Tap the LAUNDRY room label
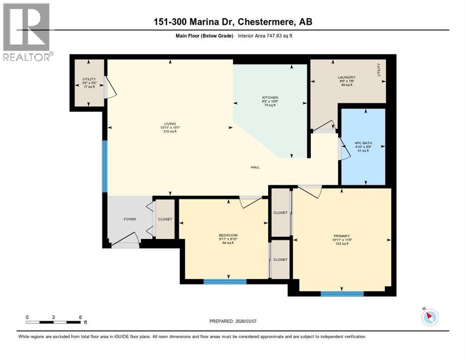click(346, 77)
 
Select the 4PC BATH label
click(362, 143)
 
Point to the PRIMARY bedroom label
click(342, 236)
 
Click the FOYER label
click(129, 219)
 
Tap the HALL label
click(255, 167)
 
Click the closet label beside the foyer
click(165, 219)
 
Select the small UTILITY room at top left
click(89, 82)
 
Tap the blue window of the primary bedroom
click(342, 294)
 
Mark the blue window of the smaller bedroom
click(225, 282)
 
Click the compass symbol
click(429, 317)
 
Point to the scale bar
click(54, 322)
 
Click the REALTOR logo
click(27, 32)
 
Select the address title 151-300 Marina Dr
click(233, 22)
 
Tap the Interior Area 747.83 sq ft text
click(268, 36)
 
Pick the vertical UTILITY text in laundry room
click(379, 70)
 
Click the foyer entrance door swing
click(125, 239)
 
